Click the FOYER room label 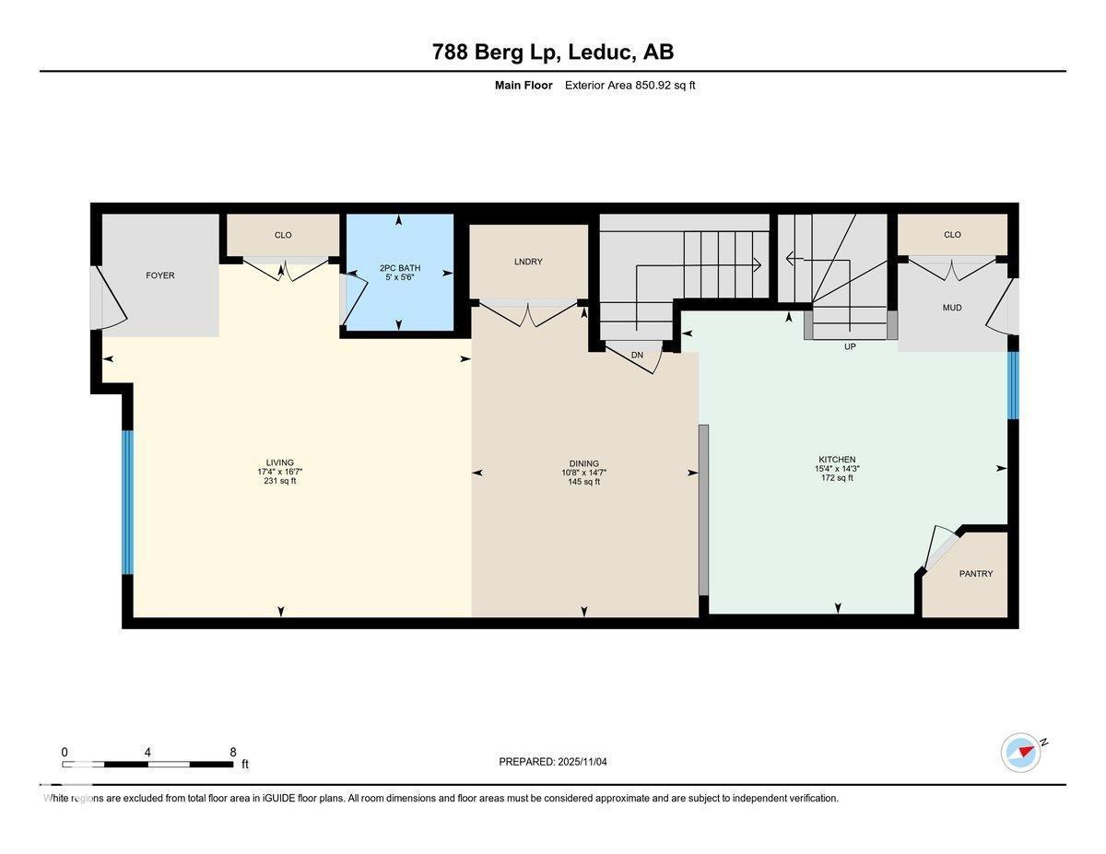pyautogui.click(x=159, y=275)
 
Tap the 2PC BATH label pyautogui.click(x=400, y=268)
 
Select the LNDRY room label pyautogui.click(x=528, y=262)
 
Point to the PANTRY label pyautogui.click(x=976, y=574)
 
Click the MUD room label pyautogui.click(x=952, y=308)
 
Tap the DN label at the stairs pyautogui.click(x=637, y=356)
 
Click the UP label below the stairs pyautogui.click(x=851, y=347)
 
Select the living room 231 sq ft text pyautogui.click(x=280, y=481)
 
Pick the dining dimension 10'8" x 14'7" pyautogui.click(x=583, y=473)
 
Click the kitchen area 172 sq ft pyautogui.click(x=837, y=478)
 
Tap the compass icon pyautogui.click(x=1021, y=753)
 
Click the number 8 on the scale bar pyautogui.click(x=234, y=752)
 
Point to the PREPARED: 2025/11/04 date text pyautogui.click(x=553, y=762)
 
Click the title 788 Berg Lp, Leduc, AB pyautogui.click(x=553, y=53)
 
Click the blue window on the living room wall pyautogui.click(x=128, y=502)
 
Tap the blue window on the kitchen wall pyautogui.click(x=1013, y=385)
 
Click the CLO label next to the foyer pyautogui.click(x=283, y=235)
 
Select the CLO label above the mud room pyautogui.click(x=952, y=235)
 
